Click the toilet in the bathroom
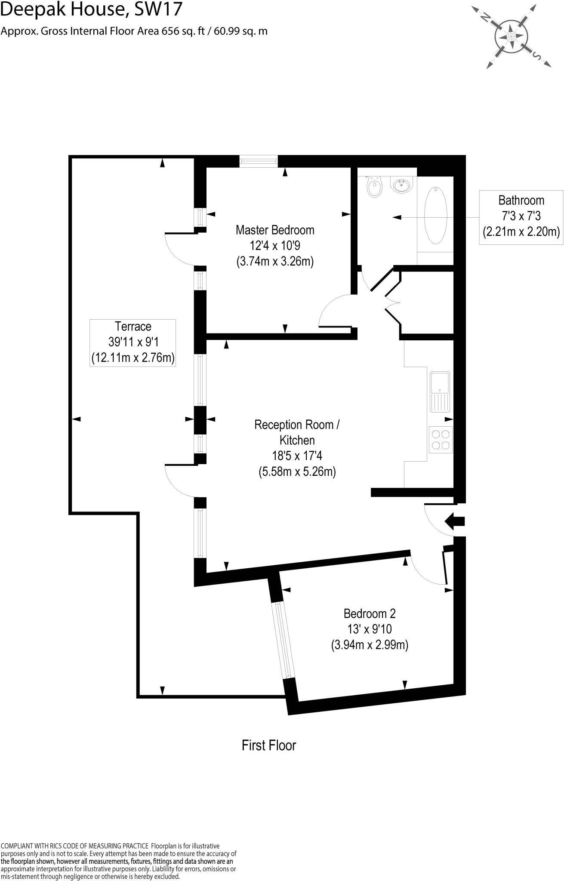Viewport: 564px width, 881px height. tap(375, 187)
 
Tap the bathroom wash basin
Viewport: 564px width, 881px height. tap(403, 185)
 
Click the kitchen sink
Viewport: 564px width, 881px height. tap(440, 391)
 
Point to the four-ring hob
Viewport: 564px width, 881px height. tap(441, 439)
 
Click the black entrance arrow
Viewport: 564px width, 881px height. tap(454, 521)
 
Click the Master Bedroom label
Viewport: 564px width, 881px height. tap(275, 230)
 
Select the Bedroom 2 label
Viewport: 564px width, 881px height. tap(370, 613)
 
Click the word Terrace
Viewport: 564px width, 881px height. tap(133, 327)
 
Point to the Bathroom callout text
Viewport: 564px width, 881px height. tap(521, 200)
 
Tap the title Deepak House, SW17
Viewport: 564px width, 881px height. tap(92, 9)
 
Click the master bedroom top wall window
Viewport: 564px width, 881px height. tap(259, 161)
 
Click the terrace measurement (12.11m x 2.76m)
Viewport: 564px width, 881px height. tap(133, 357)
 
